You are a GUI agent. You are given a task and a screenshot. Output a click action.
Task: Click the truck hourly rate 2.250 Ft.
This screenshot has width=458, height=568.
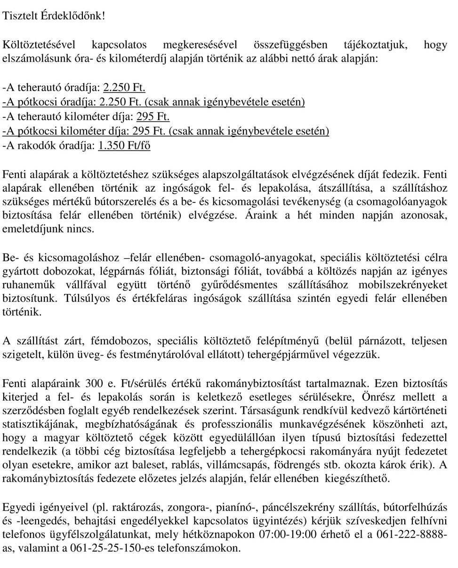[x=124, y=88]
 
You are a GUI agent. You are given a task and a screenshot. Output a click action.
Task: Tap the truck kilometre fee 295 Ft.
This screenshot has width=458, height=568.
[x=153, y=117]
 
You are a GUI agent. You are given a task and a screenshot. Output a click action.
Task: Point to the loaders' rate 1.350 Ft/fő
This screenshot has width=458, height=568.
[x=124, y=146]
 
